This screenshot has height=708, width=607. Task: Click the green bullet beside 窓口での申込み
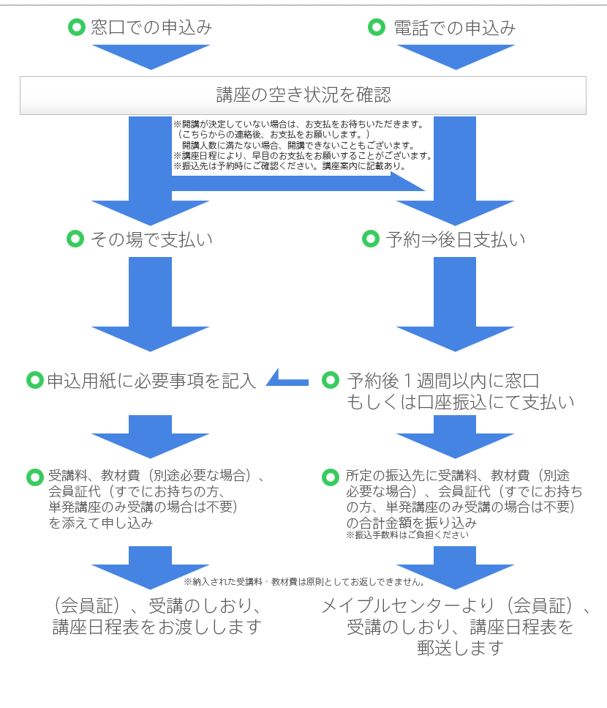tap(76, 28)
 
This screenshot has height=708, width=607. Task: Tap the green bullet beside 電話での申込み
tap(376, 28)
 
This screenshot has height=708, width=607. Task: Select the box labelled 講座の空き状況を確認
tap(303, 95)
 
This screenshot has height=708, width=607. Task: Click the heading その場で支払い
tap(151, 239)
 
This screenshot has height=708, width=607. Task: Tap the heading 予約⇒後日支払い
tap(455, 239)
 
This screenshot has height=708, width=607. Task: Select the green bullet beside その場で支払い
tap(75, 239)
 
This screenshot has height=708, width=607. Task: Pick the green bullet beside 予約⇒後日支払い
tap(372, 239)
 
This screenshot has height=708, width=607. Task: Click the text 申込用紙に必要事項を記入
tap(151, 381)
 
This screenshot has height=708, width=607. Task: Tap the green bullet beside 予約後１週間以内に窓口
tap(331, 381)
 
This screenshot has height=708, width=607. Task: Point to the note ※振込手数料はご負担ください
tap(407, 535)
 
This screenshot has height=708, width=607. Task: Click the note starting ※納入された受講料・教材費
tap(304, 582)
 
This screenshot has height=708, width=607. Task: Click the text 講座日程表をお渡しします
tap(157, 627)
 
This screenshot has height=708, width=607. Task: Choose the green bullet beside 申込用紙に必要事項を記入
tap(34, 381)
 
